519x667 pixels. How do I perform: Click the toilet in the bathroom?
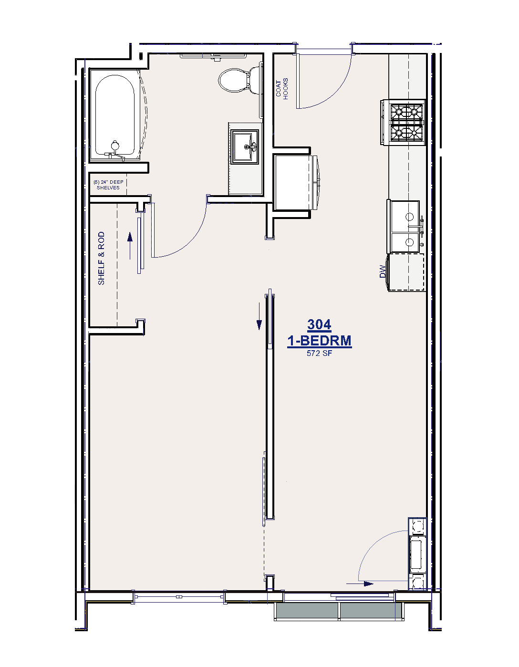coord(239,80)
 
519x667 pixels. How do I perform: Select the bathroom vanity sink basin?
coord(245,146)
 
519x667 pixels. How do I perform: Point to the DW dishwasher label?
coord(382,271)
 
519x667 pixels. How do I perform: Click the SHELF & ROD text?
coord(101,258)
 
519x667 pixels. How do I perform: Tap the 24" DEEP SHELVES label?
coord(108,185)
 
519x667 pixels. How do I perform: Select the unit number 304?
coord(319,324)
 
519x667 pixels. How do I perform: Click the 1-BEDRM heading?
coord(319,341)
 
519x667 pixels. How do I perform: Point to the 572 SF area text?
coord(319,353)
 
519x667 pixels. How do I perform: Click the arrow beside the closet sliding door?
coord(130,246)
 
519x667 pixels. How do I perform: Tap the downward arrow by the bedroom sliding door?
coord(259,316)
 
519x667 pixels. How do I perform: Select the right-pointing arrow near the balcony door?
coord(360,584)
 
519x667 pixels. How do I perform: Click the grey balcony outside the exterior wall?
coord(339,611)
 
